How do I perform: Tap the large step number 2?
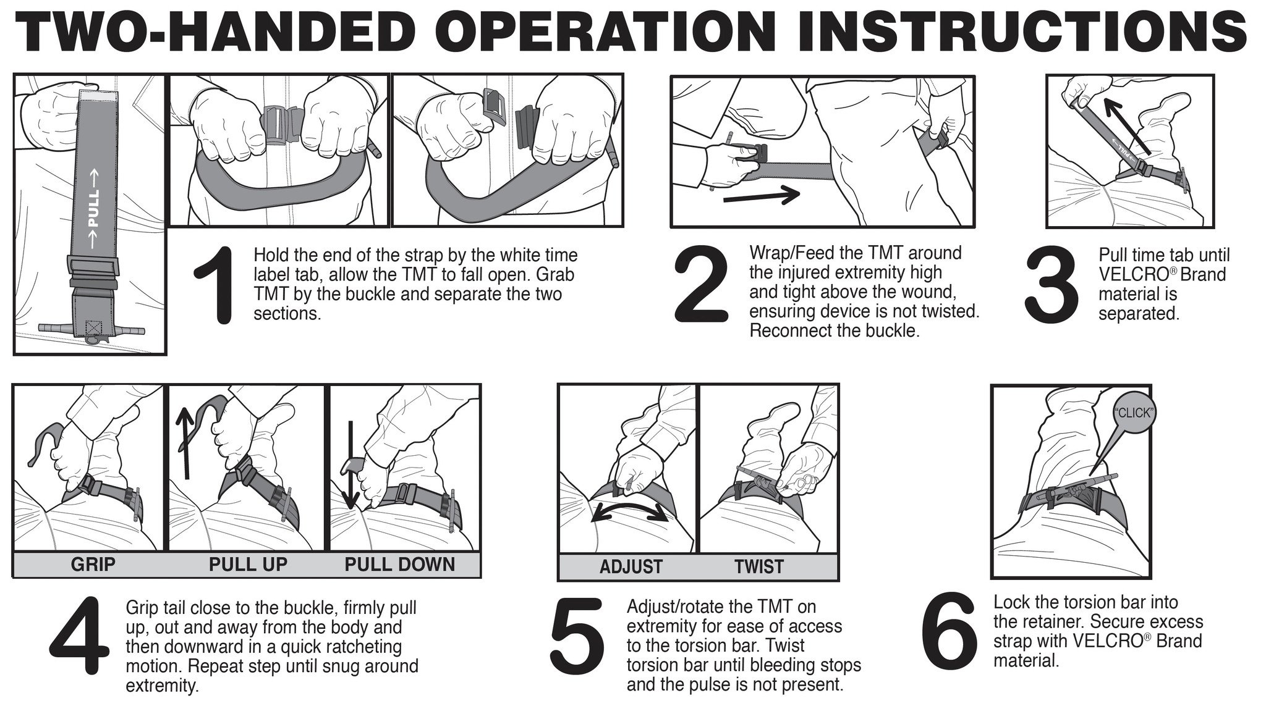[700, 285]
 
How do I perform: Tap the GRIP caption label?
[93, 565]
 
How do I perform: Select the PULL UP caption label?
[247, 565]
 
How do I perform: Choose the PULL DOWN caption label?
[399, 565]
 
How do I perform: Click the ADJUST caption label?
[631, 567]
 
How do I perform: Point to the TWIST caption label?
[758, 567]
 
